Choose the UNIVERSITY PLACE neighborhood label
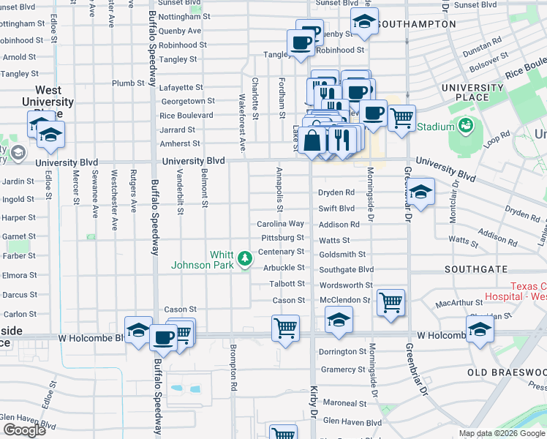473,92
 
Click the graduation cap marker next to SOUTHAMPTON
364,23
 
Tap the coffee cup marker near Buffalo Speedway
163,338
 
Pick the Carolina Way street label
280,224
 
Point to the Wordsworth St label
346,285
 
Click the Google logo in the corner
24,430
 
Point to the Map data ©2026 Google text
502,433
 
